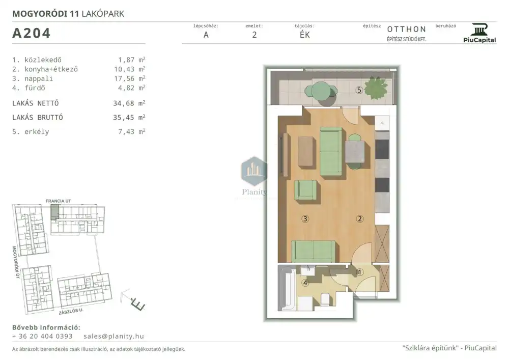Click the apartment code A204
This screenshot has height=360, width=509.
pyautogui.click(x=31, y=33)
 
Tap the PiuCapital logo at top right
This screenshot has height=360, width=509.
pyautogui.click(x=479, y=33)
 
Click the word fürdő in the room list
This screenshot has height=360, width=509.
pyautogui.click(x=35, y=88)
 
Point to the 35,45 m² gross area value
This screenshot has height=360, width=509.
pyautogui.click(x=129, y=117)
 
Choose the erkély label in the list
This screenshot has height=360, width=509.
pyautogui.click(x=37, y=132)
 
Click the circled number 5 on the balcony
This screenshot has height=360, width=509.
pyautogui.click(x=359, y=90)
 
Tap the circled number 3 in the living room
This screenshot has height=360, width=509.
pyautogui.click(x=305, y=219)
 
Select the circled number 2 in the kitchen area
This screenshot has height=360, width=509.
pyautogui.click(x=360, y=219)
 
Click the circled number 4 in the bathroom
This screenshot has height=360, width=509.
pyautogui.click(x=305, y=283)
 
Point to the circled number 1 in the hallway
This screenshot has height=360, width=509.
pyautogui.click(x=360, y=272)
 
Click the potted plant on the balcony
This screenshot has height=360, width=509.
pyautogui.click(x=376, y=87)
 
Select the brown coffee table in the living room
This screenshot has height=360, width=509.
pyautogui.click(x=306, y=151)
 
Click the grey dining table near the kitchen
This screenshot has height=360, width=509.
pyautogui.click(x=355, y=152)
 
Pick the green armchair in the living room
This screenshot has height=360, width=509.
pyautogui.click(x=305, y=190)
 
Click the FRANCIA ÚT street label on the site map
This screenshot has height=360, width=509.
pyautogui.click(x=58, y=201)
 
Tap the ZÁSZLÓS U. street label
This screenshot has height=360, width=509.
pyautogui.click(x=71, y=311)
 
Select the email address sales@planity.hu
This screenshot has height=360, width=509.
pyautogui.click(x=114, y=336)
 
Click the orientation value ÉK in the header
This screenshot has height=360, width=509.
pyautogui.click(x=305, y=35)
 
